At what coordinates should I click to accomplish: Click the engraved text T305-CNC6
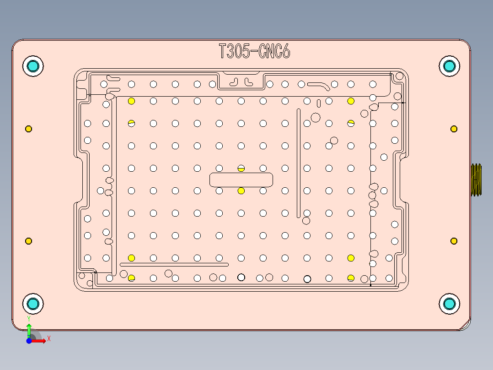click(x=254, y=51)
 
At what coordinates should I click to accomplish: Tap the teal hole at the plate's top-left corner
click(x=33, y=66)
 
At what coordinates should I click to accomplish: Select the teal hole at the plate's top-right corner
click(x=449, y=66)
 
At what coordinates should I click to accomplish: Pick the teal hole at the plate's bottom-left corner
click(x=33, y=304)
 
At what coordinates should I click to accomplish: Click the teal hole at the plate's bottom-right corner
click(x=449, y=304)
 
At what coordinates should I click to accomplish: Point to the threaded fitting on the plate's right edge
click(x=476, y=180)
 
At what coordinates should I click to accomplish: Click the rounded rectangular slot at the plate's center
click(x=241, y=180)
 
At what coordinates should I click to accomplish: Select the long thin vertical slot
click(x=299, y=163)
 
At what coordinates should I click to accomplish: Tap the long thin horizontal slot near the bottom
click(x=174, y=265)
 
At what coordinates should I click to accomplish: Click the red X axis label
click(x=48, y=338)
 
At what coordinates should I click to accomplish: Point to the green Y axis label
click(x=29, y=318)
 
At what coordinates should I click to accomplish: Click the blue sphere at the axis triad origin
click(x=29, y=341)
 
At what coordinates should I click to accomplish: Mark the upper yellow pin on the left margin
click(x=28, y=129)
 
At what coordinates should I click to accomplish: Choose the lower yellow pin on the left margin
click(x=28, y=241)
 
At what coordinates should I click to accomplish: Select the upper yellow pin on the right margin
click(x=454, y=129)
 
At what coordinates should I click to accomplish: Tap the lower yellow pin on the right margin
click(x=454, y=241)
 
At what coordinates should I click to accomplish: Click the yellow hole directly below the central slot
click(x=241, y=190)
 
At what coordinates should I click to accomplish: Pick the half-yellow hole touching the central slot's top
click(x=241, y=169)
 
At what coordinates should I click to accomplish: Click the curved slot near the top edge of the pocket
click(x=319, y=85)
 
